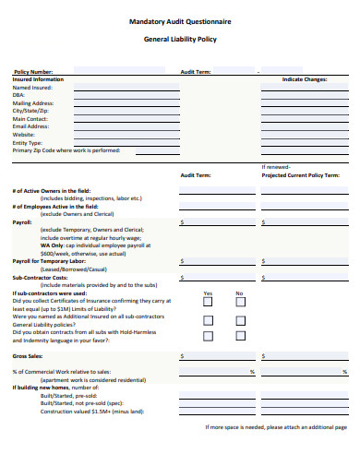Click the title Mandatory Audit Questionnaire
(179, 19)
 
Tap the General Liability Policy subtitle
(180, 39)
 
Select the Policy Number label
(32, 71)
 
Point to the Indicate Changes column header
(305, 79)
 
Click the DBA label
(18, 95)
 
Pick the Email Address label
(33, 126)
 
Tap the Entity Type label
(28, 143)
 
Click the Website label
(24, 135)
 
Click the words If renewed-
(277, 166)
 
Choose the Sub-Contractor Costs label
(40, 277)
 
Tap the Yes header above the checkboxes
(208, 293)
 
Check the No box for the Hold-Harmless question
(239, 336)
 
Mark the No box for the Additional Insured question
(239, 320)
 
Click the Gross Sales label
(27, 355)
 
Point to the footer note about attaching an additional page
(274, 428)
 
